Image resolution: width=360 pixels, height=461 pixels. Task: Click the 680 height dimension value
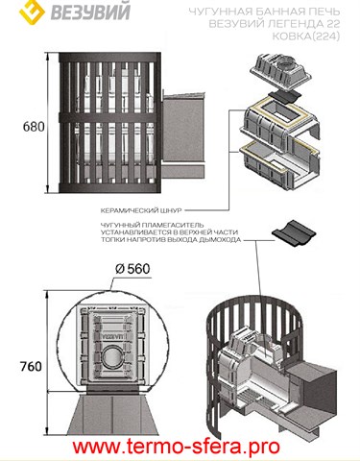pyautogui.click(x=34, y=127)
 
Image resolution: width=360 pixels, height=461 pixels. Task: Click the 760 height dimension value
pyautogui.click(x=31, y=366)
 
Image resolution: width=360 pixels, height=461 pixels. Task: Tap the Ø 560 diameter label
pyautogui.click(x=132, y=269)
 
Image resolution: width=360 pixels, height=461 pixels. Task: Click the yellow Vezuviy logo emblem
pyautogui.click(x=32, y=11)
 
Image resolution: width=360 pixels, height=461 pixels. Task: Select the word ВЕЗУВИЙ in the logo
pyautogui.click(x=90, y=11)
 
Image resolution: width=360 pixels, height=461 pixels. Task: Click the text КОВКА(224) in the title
pyautogui.click(x=305, y=36)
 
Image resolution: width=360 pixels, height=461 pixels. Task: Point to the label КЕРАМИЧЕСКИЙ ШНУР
pyautogui.click(x=141, y=210)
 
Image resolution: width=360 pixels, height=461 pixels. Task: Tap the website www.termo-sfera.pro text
pyautogui.click(x=176, y=447)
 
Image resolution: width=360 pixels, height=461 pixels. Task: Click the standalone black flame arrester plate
pyautogui.click(x=294, y=233)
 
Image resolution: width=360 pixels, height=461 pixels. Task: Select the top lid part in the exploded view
pyautogui.click(x=280, y=72)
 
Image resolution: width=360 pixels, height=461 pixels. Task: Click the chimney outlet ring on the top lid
pyautogui.click(x=287, y=65)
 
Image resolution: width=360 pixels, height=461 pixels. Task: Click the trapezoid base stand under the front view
pyautogui.click(x=113, y=414)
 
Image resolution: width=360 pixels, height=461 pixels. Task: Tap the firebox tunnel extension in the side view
pyautogui.click(x=182, y=135)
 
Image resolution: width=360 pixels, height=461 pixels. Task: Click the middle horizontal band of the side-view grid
pyautogui.click(x=109, y=117)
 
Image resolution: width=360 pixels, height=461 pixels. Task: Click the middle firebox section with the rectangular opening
pyautogui.click(x=280, y=123)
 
